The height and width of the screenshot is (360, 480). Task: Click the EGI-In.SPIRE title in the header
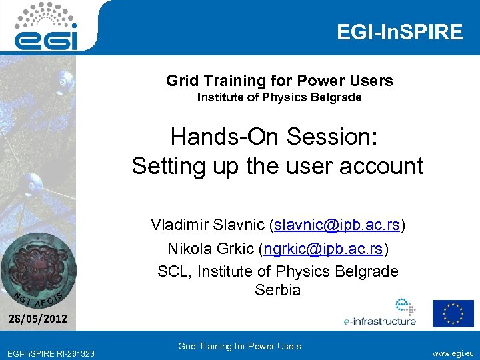pos(399,32)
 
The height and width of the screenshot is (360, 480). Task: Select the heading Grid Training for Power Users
pos(279,81)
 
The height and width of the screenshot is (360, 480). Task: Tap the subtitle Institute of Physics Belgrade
pos(279,98)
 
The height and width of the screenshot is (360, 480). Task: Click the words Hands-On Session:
pos(274,137)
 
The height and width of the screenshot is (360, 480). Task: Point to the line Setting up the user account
pos(277,165)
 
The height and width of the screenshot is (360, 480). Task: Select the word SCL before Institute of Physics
pos(172,271)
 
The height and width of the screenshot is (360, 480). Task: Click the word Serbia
pos(277,291)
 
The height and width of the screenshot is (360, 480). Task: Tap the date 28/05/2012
pos(38,319)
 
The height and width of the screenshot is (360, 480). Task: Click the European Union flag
pos(453,313)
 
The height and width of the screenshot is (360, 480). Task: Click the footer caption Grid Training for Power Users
pos(239,346)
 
